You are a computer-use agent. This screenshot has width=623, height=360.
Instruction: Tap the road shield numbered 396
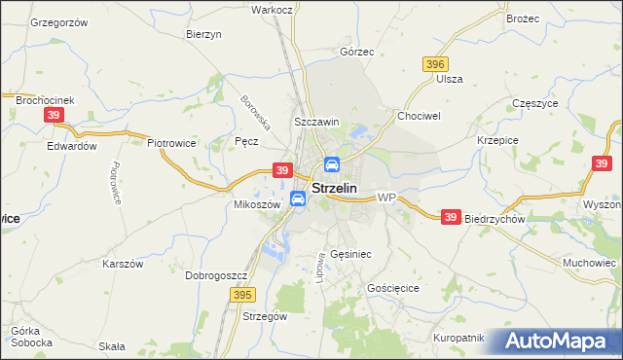click(x=435, y=64)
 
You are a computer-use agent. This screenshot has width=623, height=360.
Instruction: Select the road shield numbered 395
click(x=242, y=293)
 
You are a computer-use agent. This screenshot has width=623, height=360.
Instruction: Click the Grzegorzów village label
click(x=59, y=21)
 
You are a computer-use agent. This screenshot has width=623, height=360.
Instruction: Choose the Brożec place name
click(x=521, y=18)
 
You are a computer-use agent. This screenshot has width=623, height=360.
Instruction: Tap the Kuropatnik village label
click(x=458, y=338)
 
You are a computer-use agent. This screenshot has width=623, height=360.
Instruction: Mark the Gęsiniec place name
click(x=350, y=252)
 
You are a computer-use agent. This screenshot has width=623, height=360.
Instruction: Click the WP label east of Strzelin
click(x=386, y=198)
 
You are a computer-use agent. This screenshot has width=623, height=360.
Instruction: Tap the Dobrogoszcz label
click(x=213, y=275)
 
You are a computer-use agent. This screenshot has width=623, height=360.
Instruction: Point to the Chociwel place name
click(x=419, y=115)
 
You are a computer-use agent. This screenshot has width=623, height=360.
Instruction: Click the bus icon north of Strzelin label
click(x=331, y=164)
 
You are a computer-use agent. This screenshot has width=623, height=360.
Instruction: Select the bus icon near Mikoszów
click(x=298, y=199)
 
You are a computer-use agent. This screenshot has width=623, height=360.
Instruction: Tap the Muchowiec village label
click(x=590, y=263)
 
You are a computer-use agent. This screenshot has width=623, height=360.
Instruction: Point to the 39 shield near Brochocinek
click(x=55, y=115)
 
